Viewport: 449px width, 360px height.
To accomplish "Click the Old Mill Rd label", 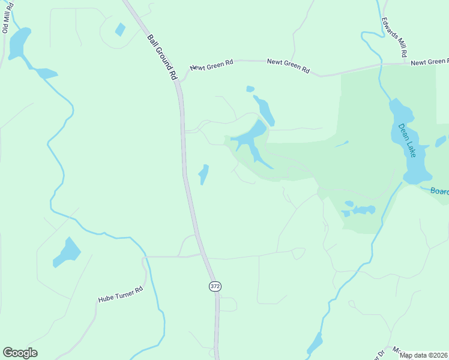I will pos(8,20).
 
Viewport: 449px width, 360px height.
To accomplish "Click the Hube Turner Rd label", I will pos(121,294).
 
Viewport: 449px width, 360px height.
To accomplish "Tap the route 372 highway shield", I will pos(215,286).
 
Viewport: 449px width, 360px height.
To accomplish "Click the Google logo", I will pos(20,353).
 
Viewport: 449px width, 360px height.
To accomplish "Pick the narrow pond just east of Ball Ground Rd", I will pos(204,174).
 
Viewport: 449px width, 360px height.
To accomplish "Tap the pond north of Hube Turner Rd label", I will pos(67,253).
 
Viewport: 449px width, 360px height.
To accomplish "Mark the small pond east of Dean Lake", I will pos(441,142).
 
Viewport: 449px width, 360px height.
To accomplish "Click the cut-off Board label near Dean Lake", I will pos(440,191).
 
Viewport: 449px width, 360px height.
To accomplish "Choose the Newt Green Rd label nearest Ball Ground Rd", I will pos(211,67).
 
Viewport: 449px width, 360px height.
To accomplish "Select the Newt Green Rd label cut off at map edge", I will pos(430,62).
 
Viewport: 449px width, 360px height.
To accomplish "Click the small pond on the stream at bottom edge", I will pos(315,344).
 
